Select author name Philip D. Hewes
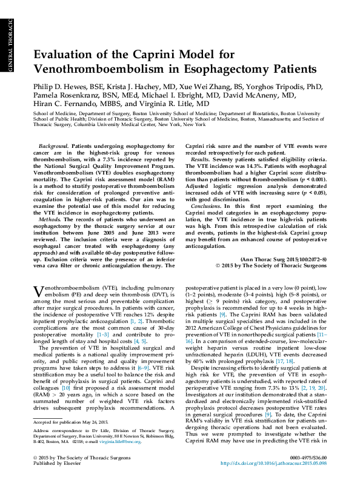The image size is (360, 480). (x=62, y=87)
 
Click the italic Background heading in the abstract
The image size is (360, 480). (x=53, y=147)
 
